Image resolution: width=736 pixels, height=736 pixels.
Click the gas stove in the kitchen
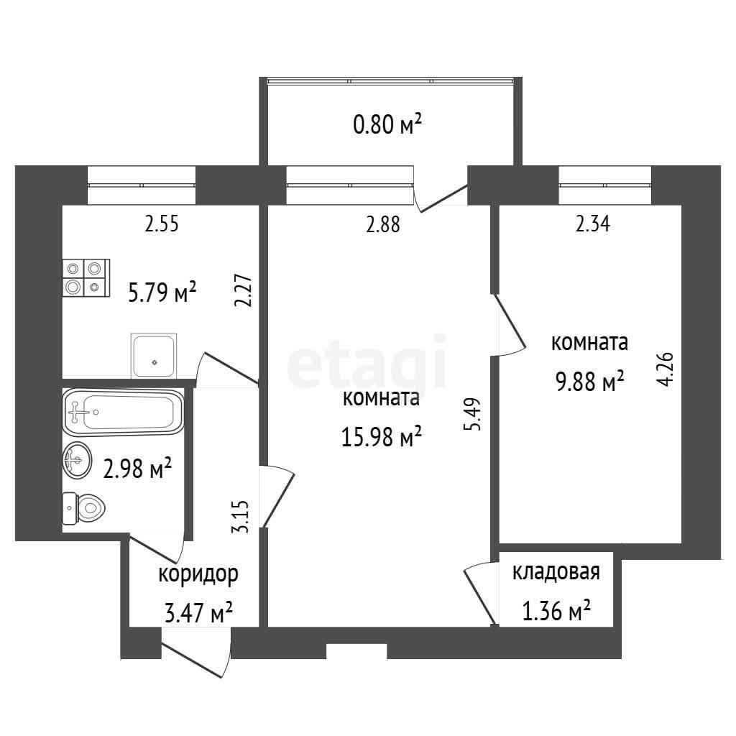click(x=86, y=277)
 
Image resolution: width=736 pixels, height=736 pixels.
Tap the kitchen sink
click(x=154, y=355)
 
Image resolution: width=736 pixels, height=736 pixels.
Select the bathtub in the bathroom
click(x=122, y=412)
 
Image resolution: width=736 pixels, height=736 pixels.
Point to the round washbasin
click(x=77, y=460)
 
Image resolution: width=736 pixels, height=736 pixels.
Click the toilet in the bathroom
click(x=83, y=508)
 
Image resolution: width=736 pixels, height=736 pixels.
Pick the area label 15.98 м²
click(x=381, y=436)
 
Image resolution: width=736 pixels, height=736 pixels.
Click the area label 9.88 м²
click(x=589, y=381)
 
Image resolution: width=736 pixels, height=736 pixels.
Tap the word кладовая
click(x=556, y=571)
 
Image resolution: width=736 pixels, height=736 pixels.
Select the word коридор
click(x=198, y=574)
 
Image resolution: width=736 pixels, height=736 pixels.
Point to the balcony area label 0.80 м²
click(x=387, y=125)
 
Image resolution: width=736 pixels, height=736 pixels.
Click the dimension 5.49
click(x=473, y=415)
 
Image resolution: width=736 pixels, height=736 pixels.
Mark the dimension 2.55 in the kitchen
click(x=162, y=224)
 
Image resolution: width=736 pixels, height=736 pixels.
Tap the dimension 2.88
click(x=383, y=225)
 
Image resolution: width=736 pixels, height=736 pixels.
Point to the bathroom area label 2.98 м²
click(x=137, y=469)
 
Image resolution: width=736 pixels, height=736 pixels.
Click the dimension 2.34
click(x=593, y=224)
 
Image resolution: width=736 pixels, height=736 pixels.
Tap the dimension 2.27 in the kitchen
click(x=244, y=290)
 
